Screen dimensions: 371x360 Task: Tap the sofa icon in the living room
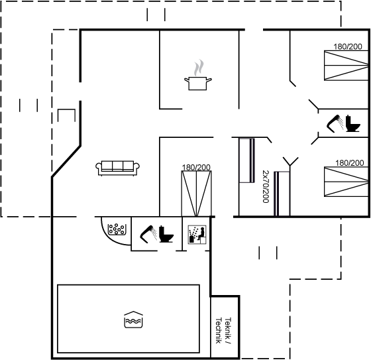pyautogui.click(x=118, y=168)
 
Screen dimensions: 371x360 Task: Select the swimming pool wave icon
pyautogui.click(x=133, y=320)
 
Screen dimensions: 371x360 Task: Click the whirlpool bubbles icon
pyautogui.click(x=116, y=229)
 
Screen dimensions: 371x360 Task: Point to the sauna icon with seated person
pyautogui.click(x=197, y=235)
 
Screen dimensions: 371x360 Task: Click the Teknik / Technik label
pyautogui.click(x=223, y=330)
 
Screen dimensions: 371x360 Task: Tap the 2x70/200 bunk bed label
pyautogui.click(x=266, y=186)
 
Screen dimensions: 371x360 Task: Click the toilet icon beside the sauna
pyautogui.click(x=166, y=234)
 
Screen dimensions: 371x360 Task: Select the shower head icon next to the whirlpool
pyautogui.click(x=148, y=234)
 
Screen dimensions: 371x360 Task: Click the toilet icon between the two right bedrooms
pyautogui.click(x=352, y=123)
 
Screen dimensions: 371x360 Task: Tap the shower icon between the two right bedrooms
pyautogui.click(x=335, y=123)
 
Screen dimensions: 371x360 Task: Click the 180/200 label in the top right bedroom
pyautogui.click(x=348, y=46)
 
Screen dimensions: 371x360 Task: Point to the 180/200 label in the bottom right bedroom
pyautogui.click(x=350, y=162)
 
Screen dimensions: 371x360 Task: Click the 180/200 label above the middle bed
pyautogui.click(x=196, y=168)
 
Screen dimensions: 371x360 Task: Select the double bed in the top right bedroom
pyautogui.click(x=346, y=66)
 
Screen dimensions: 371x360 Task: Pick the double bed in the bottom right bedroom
pyautogui.click(x=346, y=182)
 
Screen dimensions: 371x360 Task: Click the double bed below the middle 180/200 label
pyautogui.click(x=196, y=194)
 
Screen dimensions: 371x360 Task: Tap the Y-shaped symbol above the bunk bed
pyautogui.click(x=290, y=162)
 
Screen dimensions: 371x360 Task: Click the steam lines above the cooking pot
pyautogui.click(x=199, y=68)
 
